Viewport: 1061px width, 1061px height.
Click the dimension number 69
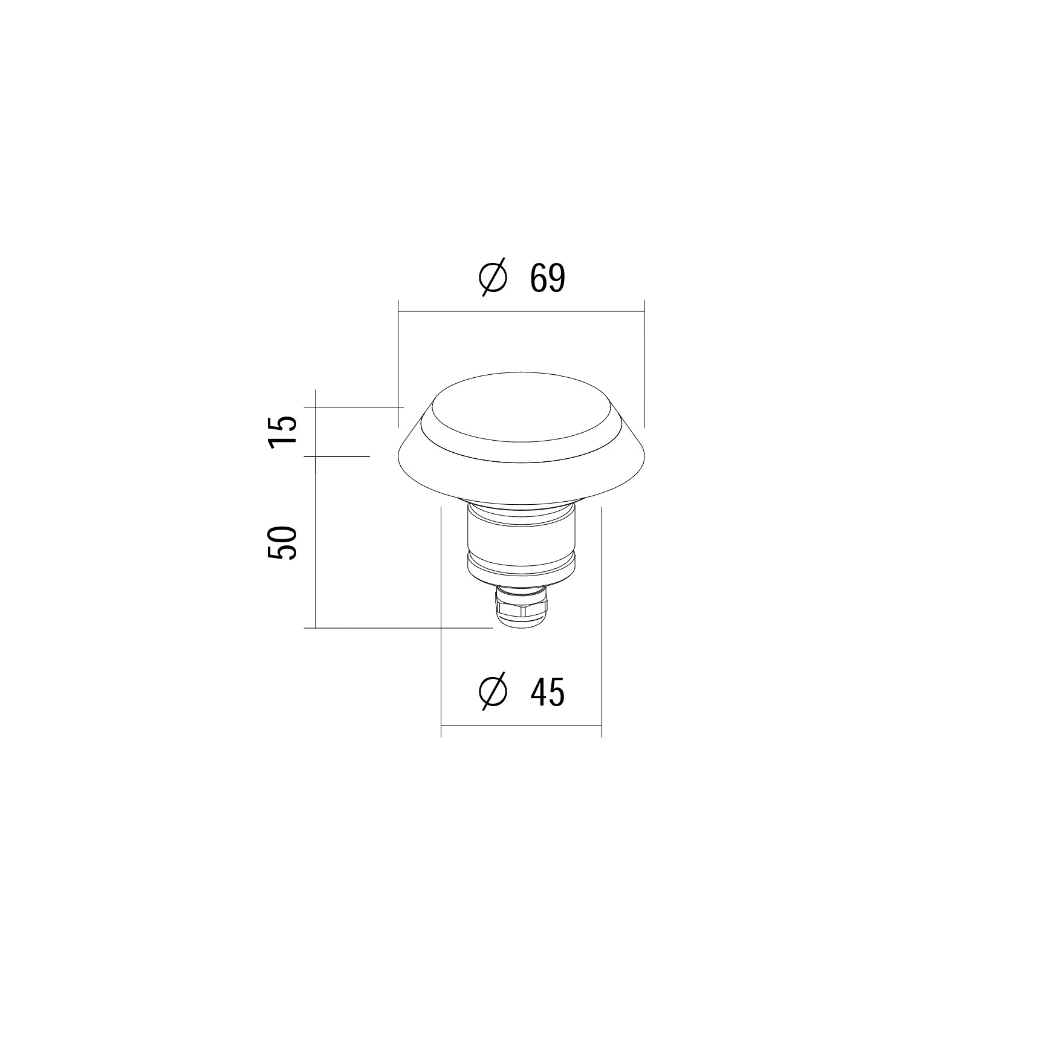click(x=548, y=279)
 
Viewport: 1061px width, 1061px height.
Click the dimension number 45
click(x=548, y=692)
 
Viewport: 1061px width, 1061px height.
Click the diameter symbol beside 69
click(x=492, y=279)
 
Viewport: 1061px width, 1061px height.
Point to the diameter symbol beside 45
click(x=492, y=692)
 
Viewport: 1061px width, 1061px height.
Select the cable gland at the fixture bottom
click(x=522, y=607)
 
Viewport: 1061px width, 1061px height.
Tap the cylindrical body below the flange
click(x=522, y=541)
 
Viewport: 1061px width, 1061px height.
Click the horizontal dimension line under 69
click(x=521, y=311)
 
